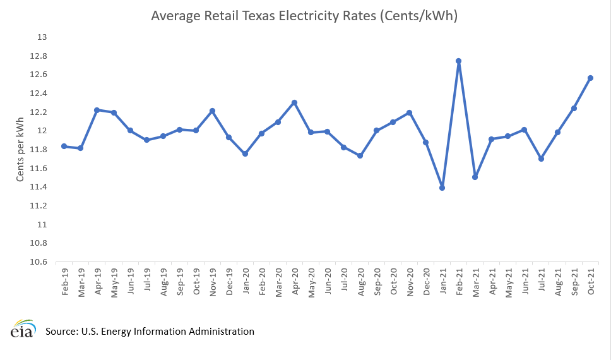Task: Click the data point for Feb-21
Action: (458, 61)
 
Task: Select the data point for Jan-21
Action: (442, 188)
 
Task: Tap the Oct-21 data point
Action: (590, 78)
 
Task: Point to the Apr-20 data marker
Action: (294, 102)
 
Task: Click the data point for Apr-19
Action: (97, 110)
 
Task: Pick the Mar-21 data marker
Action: (475, 177)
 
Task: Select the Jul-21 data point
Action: (541, 159)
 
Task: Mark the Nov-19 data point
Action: (212, 111)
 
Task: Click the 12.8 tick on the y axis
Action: (39, 56)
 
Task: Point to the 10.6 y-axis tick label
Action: (39, 261)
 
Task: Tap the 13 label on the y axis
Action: (43, 37)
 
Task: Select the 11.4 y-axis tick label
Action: (39, 187)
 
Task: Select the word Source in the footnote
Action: (62, 331)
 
